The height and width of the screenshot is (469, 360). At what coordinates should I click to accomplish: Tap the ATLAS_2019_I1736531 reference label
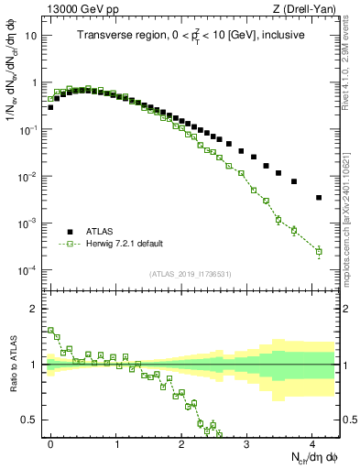pos(191,274)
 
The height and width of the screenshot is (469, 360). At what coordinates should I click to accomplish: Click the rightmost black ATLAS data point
pos(319,197)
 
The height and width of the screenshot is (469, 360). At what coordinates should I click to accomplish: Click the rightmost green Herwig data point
pos(319,251)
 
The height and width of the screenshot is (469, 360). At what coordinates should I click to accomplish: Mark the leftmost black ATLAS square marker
pos(50,107)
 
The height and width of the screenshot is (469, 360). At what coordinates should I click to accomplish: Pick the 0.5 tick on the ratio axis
pos(30,420)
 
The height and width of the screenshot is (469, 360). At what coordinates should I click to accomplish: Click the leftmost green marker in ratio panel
pos(50,330)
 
